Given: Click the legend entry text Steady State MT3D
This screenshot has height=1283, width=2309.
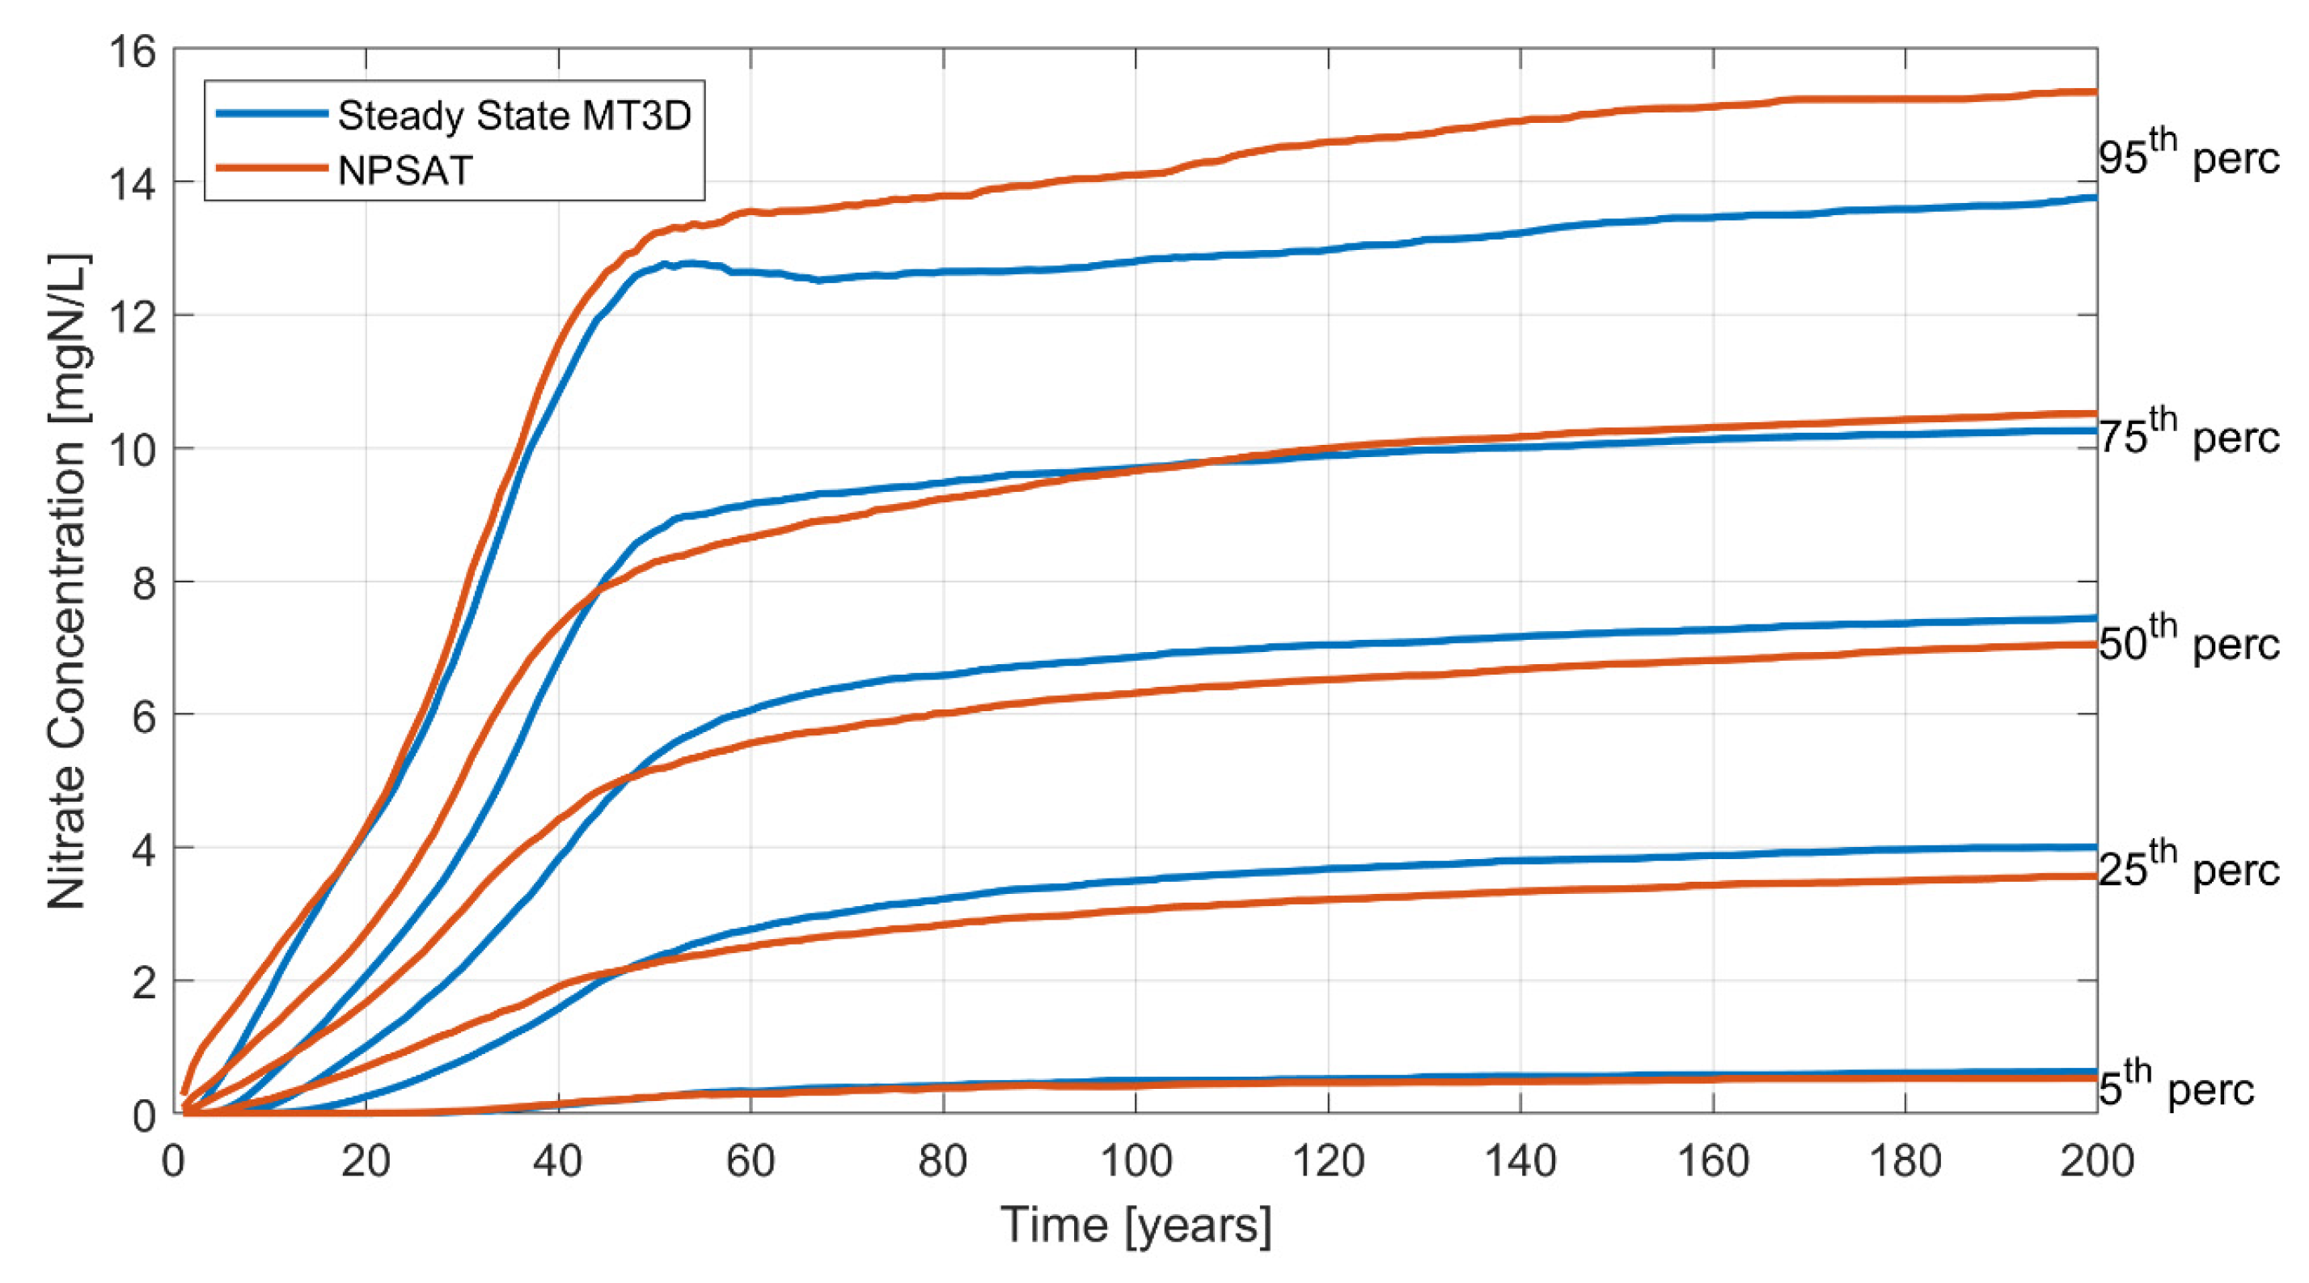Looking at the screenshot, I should (514, 116).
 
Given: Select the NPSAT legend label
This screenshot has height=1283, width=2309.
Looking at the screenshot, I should (404, 171).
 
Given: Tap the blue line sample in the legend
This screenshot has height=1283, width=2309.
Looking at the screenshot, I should (272, 114).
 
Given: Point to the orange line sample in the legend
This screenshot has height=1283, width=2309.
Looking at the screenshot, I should (272, 167).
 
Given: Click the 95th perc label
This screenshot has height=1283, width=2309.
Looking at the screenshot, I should (2188, 155).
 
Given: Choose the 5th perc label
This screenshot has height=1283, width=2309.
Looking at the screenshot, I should (2176, 1086).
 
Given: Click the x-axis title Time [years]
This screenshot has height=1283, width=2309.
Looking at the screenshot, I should (1135, 1225).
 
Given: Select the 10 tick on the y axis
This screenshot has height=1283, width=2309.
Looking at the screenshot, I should (132, 448).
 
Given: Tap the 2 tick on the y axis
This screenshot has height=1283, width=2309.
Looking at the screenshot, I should (143, 980).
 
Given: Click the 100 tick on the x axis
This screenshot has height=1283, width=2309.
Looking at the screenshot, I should (1135, 1162).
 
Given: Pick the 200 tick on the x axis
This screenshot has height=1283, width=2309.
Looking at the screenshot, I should (2096, 1162).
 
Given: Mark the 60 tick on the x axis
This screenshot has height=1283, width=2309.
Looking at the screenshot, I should (751, 1162).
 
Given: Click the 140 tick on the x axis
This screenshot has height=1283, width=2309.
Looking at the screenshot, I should (1520, 1162).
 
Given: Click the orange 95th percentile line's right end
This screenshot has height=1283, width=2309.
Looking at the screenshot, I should (2094, 91).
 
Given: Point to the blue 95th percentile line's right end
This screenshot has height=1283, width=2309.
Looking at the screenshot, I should (2094, 197).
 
